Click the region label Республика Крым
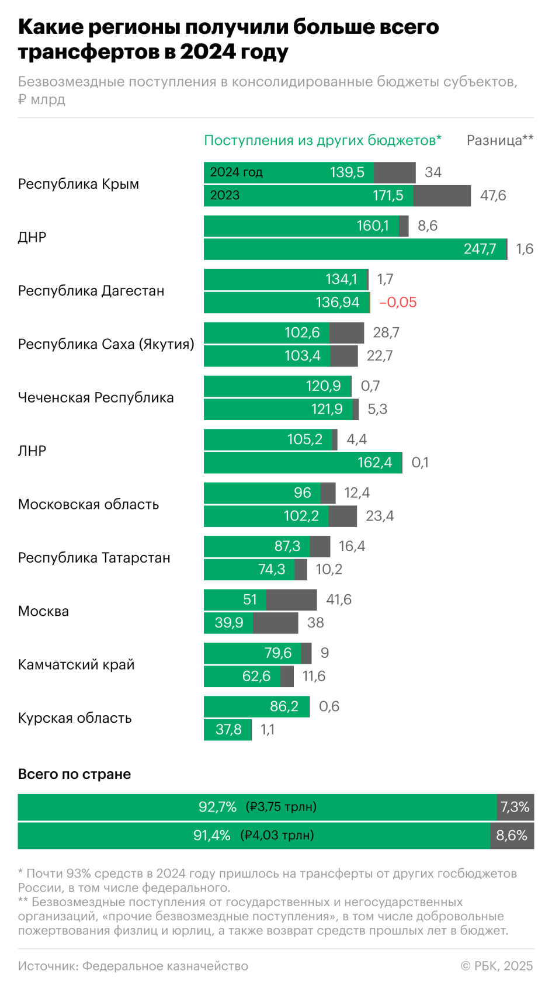point(78,184)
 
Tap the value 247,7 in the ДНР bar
point(480,249)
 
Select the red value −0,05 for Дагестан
point(398,302)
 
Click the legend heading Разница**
point(499,140)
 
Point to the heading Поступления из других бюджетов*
point(322,140)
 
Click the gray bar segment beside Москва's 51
point(291,599)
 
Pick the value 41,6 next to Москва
point(339,599)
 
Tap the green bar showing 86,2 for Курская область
point(256,706)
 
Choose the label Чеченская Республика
point(96,398)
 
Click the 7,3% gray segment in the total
point(515,807)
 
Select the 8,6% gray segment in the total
point(512,836)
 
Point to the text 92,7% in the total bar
point(217,807)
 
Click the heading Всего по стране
point(74,774)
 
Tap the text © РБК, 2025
point(497,966)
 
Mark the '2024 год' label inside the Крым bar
point(236,172)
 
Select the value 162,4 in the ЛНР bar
point(374,463)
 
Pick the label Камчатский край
point(76,665)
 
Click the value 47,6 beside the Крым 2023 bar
point(493,196)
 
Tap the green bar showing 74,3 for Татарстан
point(249,570)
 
